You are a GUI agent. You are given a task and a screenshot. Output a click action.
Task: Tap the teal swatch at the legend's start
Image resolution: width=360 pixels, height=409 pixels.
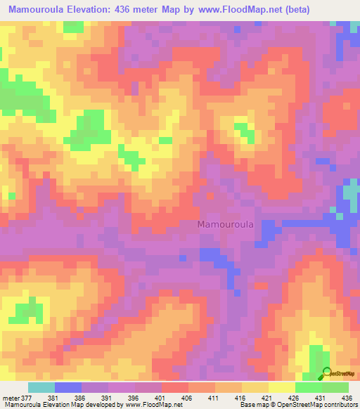click(41, 387)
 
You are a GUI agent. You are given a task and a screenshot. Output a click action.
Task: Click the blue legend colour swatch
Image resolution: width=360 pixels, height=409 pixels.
click(68, 387)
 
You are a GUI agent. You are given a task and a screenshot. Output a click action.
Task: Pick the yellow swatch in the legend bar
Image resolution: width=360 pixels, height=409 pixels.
click(282, 387)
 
